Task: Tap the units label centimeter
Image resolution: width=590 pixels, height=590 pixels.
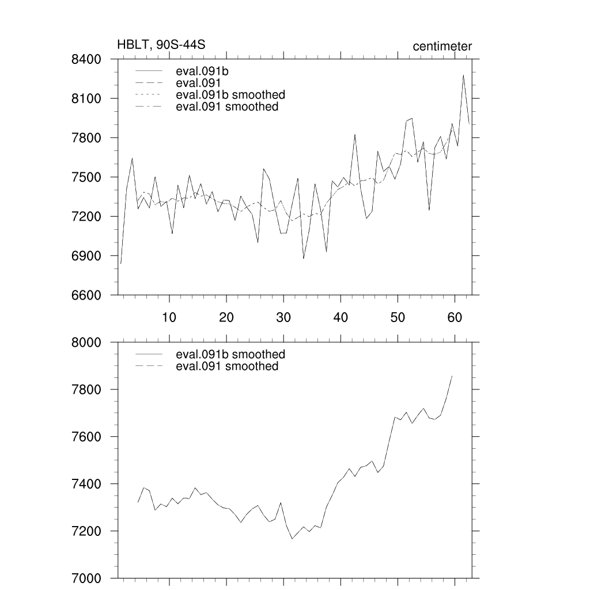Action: coord(442,46)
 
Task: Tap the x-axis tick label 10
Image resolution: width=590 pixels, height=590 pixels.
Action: coord(169,317)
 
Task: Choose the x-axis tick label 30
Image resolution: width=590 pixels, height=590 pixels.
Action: coord(283,317)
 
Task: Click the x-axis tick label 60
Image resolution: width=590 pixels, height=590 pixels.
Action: coord(455,317)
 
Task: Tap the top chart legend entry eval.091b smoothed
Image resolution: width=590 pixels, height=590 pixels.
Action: coord(230,94)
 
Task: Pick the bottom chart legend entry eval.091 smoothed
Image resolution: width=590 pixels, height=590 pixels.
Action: coord(226,366)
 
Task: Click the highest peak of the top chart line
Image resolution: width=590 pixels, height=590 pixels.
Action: coord(463,75)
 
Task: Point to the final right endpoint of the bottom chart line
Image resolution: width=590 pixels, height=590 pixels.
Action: coord(452,376)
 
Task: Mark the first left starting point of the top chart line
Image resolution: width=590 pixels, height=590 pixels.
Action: coord(121,264)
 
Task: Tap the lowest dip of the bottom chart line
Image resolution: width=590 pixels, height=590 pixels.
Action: coord(292,539)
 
